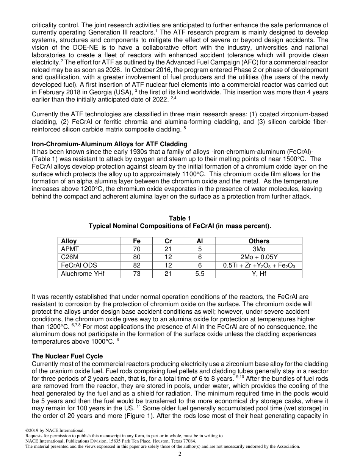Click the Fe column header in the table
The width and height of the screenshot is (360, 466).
(137, 241)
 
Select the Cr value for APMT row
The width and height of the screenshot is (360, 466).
(168, 249)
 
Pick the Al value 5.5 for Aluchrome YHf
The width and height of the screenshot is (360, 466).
(200, 274)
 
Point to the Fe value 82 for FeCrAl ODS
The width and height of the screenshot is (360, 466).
(137, 266)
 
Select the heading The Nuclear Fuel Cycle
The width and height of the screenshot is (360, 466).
(67, 357)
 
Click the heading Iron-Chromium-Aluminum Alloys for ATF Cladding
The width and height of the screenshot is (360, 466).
(110, 144)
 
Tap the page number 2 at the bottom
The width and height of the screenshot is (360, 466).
(180, 454)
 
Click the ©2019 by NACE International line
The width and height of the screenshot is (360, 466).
(55, 430)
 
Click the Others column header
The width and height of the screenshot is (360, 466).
(259, 241)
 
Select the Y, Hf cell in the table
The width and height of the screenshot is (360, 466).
(259, 274)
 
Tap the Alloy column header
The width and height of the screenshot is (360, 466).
(69, 241)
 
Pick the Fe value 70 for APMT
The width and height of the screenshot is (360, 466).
(137, 249)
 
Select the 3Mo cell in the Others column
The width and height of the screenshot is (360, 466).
(259, 249)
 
